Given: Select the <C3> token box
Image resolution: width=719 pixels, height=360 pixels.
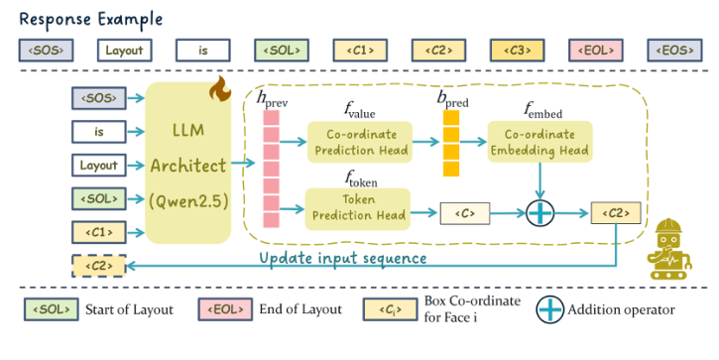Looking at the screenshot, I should (516, 49).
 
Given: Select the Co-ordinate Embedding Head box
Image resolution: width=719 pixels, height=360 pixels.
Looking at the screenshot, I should (539, 142).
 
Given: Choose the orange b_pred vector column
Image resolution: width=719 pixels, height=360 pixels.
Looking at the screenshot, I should (451, 142).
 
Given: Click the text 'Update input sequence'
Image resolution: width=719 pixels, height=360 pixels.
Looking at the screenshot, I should (342, 258).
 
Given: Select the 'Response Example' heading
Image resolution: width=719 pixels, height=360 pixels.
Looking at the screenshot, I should (91, 18).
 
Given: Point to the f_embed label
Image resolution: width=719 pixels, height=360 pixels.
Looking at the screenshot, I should (539, 109).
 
